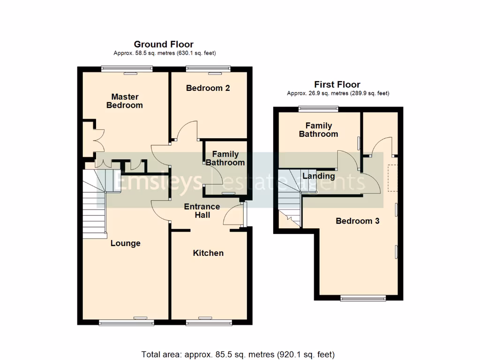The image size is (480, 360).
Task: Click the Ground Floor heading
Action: (164, 45)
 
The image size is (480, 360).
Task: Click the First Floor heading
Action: (337, 85)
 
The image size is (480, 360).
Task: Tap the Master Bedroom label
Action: (125, 101)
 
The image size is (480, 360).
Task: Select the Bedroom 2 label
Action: (208, 88)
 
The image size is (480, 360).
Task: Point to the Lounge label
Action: (126, 243)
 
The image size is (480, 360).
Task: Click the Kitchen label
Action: (208, 253)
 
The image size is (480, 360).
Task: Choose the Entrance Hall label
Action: (202, 211)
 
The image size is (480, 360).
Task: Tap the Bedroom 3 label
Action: (357, 221)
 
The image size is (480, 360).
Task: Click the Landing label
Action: (319, 176)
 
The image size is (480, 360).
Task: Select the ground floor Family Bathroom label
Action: (225, 158)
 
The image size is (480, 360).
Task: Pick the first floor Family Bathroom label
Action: (319, 130)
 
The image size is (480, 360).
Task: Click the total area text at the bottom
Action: (238, 354)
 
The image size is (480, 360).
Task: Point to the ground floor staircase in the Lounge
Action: (94, 206)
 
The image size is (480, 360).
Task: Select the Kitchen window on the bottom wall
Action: (208, 322)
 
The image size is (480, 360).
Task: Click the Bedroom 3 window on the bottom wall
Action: (363, 298)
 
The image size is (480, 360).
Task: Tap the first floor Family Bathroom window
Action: (319, 109)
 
